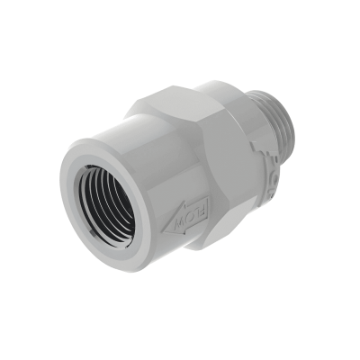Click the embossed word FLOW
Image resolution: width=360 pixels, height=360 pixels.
(x=191, y=215)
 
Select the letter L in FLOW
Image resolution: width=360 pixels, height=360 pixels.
(x=196, y=211)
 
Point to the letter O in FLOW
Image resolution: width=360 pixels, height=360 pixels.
(x=190, y=216)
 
